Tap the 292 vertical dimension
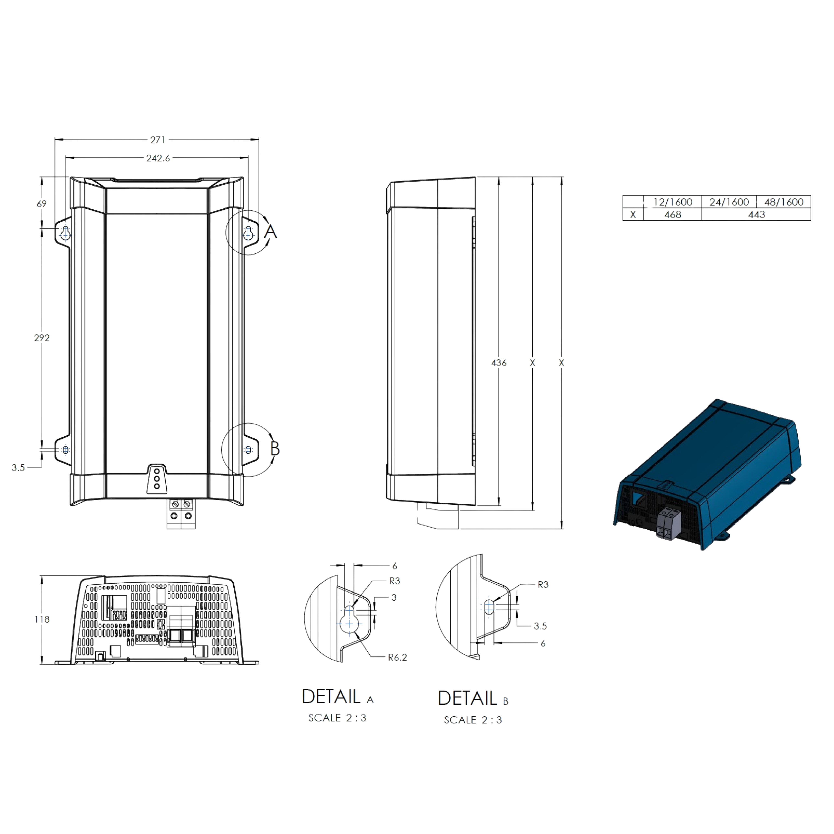(x=42, y=337)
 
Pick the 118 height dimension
(x=42, y=619)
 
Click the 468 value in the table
(x=673, y=215)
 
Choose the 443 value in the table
(x=756, y=215)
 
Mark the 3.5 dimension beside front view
(x=18, y=467)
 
